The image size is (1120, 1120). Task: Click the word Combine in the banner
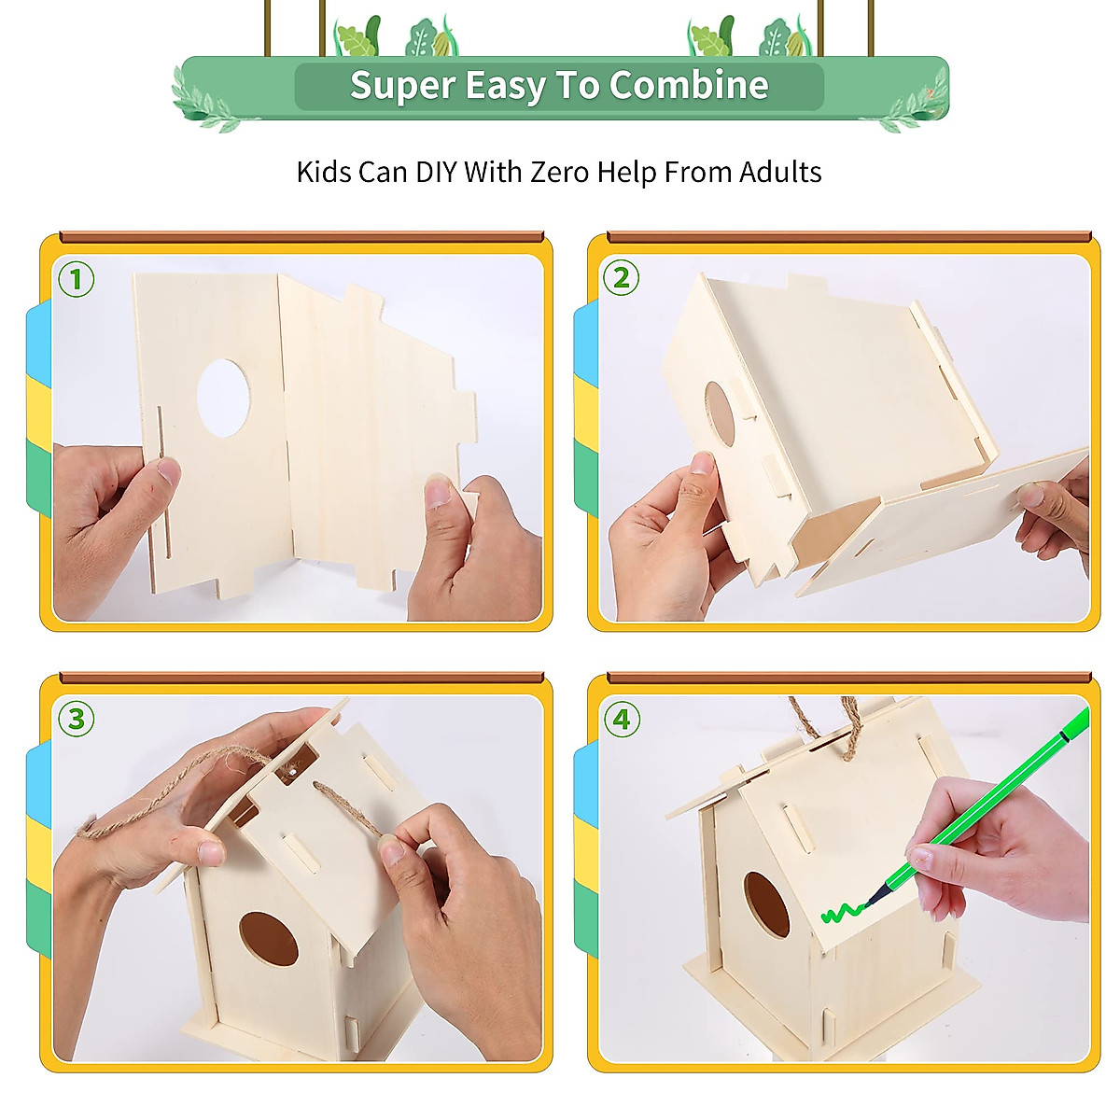[689, 86]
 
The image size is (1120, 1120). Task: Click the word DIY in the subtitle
[436, 172]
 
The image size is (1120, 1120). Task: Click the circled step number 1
[77, 279]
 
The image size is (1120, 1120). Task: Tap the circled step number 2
[621, 277]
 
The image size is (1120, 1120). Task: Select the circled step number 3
[77, 719]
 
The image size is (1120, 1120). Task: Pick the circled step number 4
[622, 719]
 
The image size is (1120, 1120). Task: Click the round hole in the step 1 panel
[223, 399]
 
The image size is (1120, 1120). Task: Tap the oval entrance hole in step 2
[720, 413]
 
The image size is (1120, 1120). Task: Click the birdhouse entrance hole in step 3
[269, 939]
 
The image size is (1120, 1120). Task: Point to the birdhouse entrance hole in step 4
[766, 905]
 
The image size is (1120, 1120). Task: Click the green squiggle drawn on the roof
[844, 913]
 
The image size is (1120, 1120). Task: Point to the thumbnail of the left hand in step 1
[169, 469]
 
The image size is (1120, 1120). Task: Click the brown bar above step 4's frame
[849, 677]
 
